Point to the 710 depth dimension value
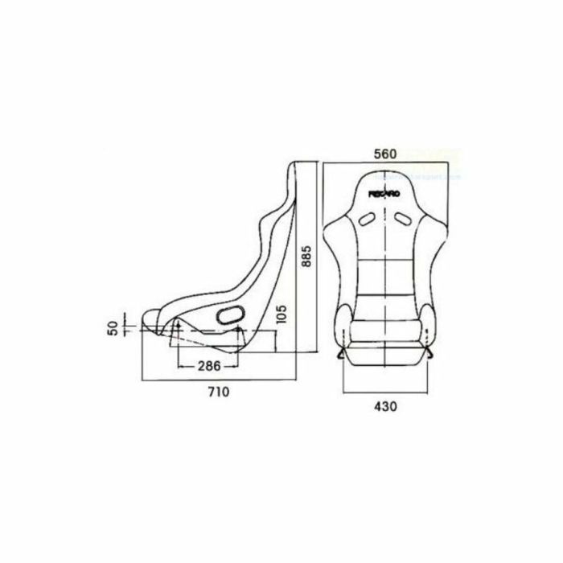(219, 392)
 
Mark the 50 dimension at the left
(115, 327)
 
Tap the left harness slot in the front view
(368, 217)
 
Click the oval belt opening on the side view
(231, 315)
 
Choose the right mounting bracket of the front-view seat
(431, 352)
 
